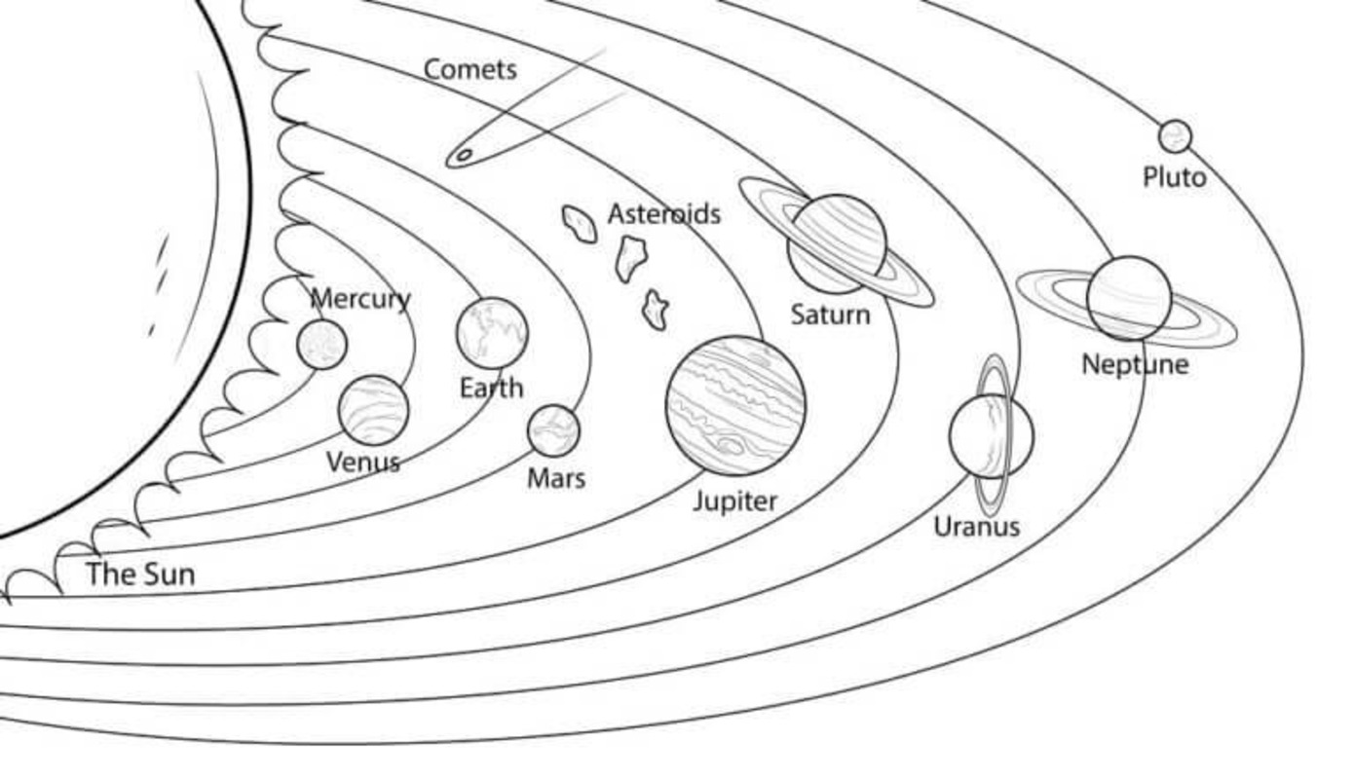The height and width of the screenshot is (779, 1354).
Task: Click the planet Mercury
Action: [322, 345]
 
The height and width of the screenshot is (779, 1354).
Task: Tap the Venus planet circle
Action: [373, 410]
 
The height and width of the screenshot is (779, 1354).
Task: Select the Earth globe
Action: [492, 333]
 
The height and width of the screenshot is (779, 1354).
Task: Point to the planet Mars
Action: [553, 431]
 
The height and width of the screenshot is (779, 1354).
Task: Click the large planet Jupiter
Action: [735, 405]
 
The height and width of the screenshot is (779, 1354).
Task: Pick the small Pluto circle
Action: [1175, 136]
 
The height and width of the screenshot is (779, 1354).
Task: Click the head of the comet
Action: [463, 156]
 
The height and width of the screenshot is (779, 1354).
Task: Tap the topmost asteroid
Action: [580, 224]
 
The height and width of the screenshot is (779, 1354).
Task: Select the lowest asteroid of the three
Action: [656, 310]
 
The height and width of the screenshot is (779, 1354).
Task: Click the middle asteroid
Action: [631, 259]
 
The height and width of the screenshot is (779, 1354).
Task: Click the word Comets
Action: [470, 69]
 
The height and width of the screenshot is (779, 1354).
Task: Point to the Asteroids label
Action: [664, 214]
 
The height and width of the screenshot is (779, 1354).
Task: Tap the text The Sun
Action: [141, 574]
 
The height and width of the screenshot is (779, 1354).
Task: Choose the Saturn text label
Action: [831, 315]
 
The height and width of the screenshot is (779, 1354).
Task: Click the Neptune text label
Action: [1135, 365]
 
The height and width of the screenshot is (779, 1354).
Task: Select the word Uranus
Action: [977, 527]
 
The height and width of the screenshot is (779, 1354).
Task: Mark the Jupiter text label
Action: [735, 501]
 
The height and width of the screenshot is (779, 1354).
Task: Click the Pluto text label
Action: [1175, 177]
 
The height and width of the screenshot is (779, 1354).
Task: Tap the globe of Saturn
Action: [837, 244]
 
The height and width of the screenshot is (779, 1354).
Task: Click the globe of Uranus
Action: [992, 436]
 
